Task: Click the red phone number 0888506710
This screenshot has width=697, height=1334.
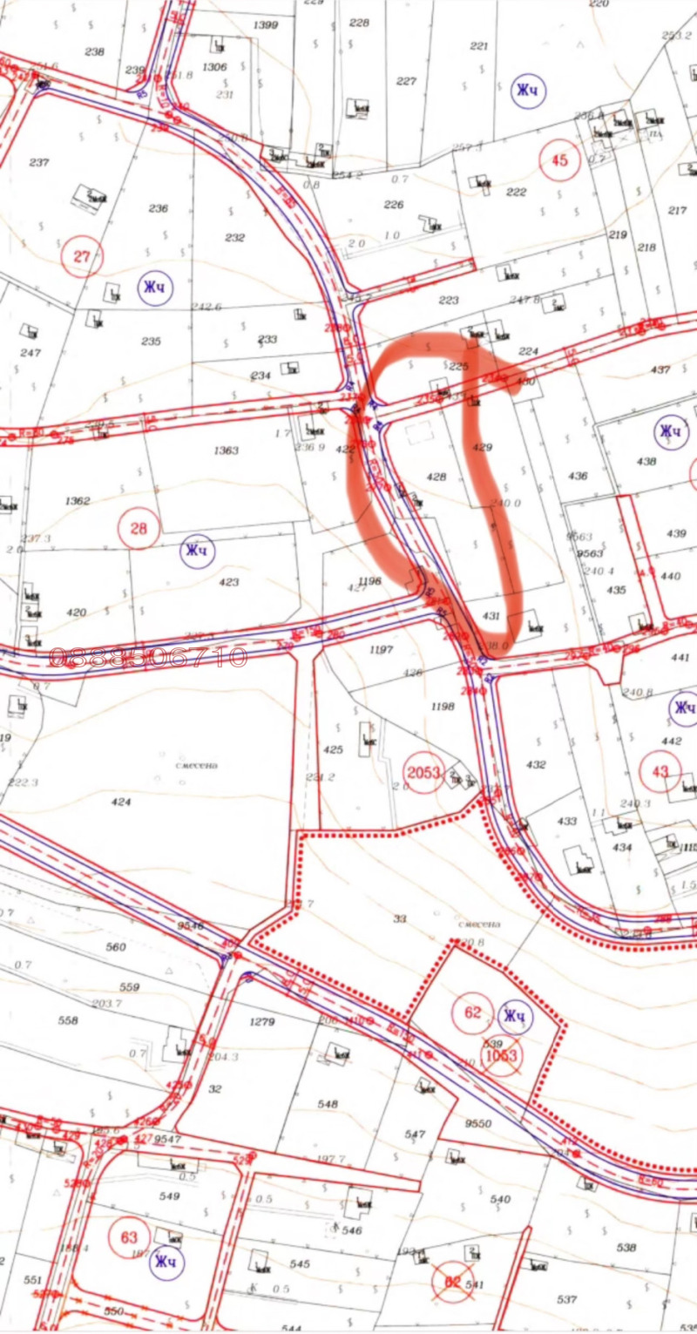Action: pyautogui.click(x=148, y=656)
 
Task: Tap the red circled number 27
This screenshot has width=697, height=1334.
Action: pyautogui.click(x=83, y=257)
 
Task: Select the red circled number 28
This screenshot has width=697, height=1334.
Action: pyautogui.click(x=139, y=527)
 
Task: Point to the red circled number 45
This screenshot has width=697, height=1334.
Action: pyautogui.click(x=559, y=160)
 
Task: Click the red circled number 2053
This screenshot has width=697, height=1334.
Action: pyautogui.click(x=424, y=772)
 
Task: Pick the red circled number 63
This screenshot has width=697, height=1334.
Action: pyautogui.click(x=130, y=1237)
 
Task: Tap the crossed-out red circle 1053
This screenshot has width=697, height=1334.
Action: pyautogui.click(x=502, y=1055)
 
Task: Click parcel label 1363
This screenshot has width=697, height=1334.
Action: pyautogui.click(x=225, y=450)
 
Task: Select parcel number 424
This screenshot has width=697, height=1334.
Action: pyautogui.click(x=121, y=802)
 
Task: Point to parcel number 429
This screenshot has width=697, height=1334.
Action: pyautogui.click(x=483, y=447)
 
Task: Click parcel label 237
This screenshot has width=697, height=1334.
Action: pyautogui.click(x=39, y=163)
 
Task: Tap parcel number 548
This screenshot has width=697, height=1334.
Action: pyautogui.click(x=328, y=1104)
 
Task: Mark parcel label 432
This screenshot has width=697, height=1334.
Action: pyautogui.click(x=536, y=764)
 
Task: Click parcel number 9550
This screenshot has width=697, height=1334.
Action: pyautogui.click(x=479, y=1124)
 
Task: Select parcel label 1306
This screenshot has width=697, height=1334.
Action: pyautogui.click(x=214, y=67)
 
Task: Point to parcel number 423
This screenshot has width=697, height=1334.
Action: pyautogui.click(x=228, y=581)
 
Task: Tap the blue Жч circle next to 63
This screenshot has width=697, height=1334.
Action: pyautogui.click(x=166, y=1261)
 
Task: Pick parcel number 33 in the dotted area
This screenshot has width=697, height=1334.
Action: pyautogui.click(x=400, y=918)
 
